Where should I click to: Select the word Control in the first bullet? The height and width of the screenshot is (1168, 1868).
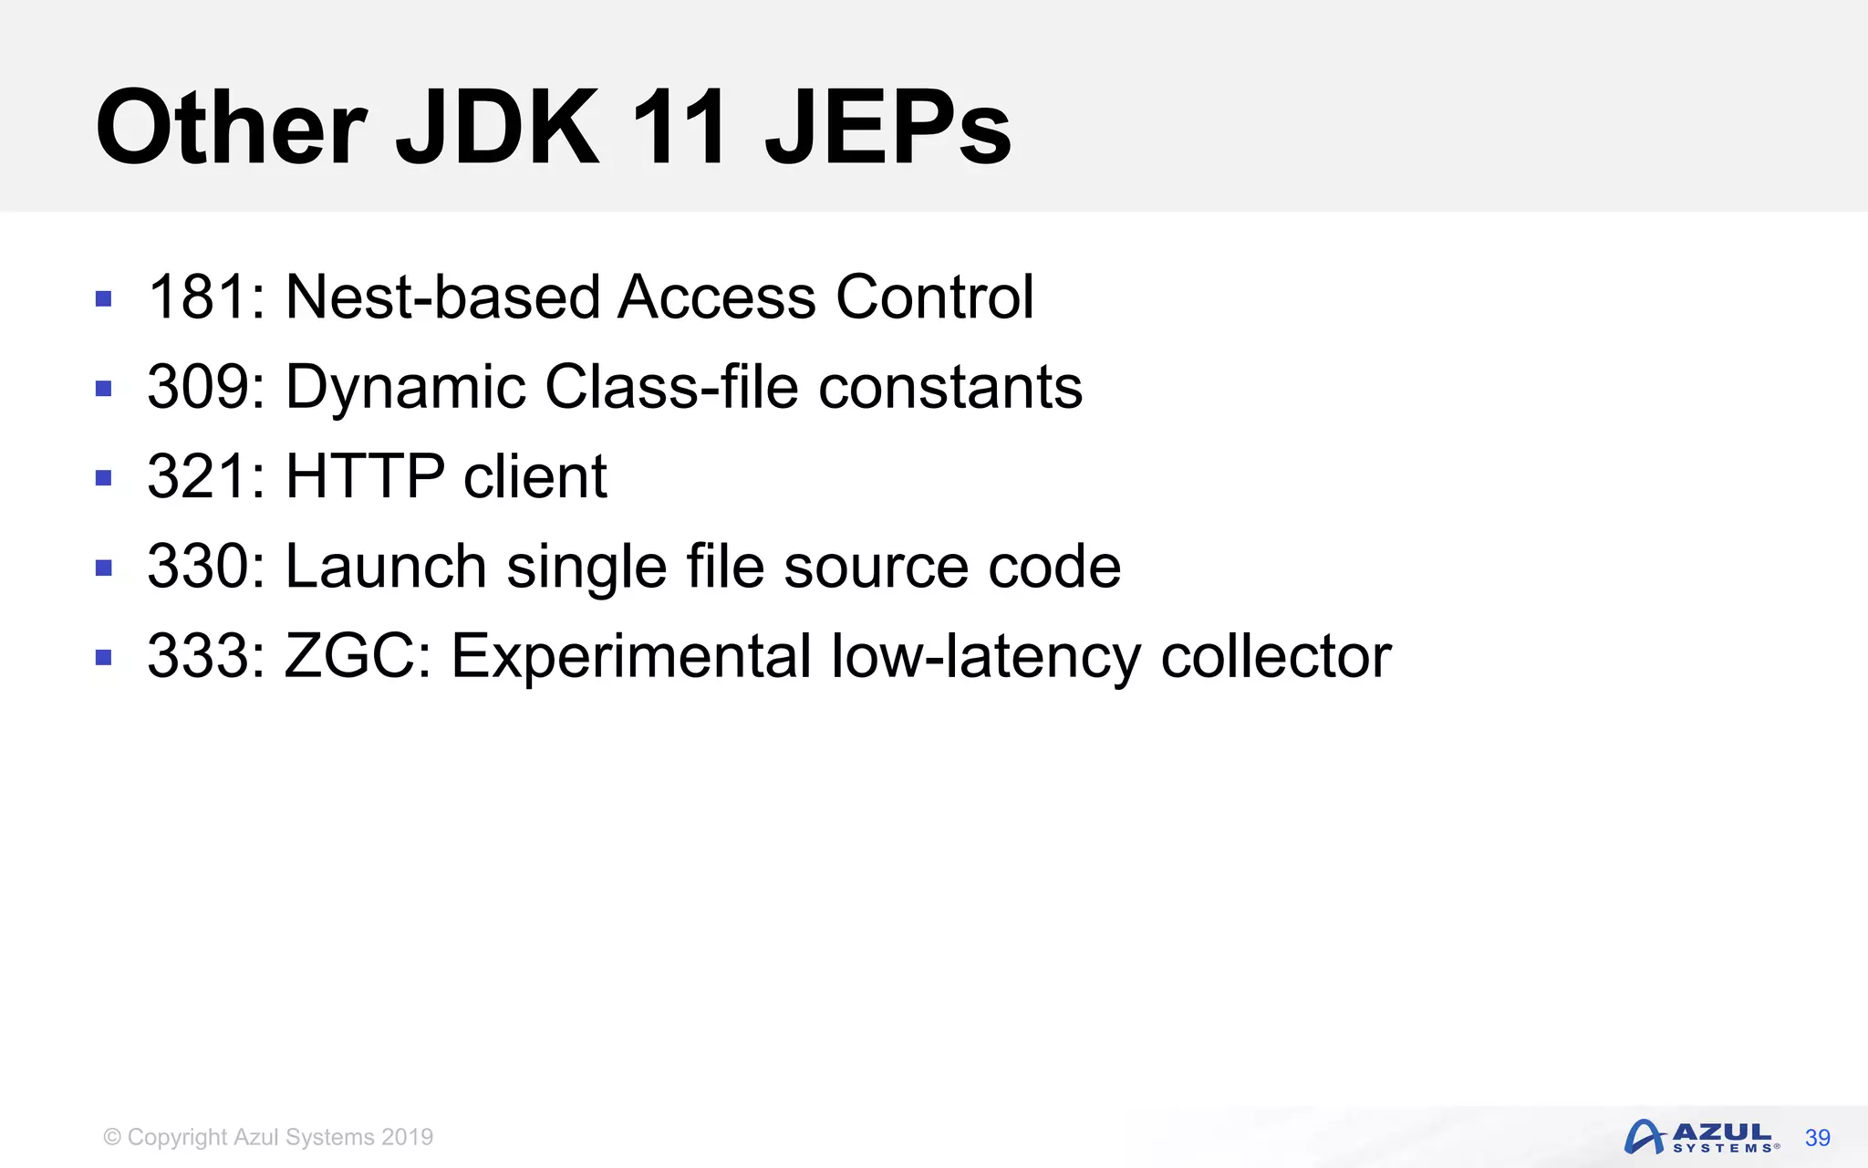pyautogui.click(x=935, y=297)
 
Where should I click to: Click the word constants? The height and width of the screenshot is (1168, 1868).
pyautogui.click(x=950, y=387)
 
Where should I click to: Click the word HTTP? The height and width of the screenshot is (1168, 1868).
pyautogui.click(x=365, y=476)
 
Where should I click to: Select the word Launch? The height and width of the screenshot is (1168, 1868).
pyautogui.click(x=386, y=566)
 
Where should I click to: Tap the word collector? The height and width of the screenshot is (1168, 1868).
pyautogui.click(x=1276, y=656)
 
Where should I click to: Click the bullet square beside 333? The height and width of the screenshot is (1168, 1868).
pyautogui.click(x=103, y=657)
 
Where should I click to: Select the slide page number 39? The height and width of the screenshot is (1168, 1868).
pyautogui.click(x=1817, y=1138)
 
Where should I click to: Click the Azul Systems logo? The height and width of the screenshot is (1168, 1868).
pyautogui.click(x=1700, y=1137)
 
